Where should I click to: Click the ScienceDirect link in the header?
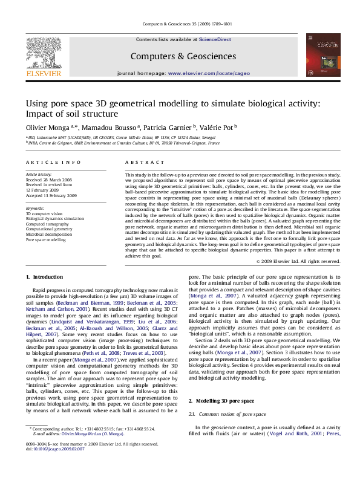click(x=215, y=39)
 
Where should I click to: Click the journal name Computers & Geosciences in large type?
click(x=183, y=56)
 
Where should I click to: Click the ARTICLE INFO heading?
click(x=53, y=163)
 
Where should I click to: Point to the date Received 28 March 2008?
click(x=48, y=180)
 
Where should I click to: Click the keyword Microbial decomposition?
click(x=50, y=235)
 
